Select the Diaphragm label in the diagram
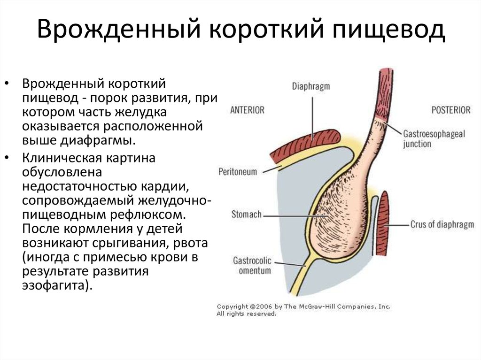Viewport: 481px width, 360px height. coord(311,86)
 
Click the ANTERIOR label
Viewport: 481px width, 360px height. coord(247,110)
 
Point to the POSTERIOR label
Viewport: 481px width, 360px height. coord(450,110)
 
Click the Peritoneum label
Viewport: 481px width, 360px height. coord(238,171)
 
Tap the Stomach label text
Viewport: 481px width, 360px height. coord(246,214)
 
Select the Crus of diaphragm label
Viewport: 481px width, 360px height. coord(442,224)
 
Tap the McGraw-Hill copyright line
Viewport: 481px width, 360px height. coord(303,306)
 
